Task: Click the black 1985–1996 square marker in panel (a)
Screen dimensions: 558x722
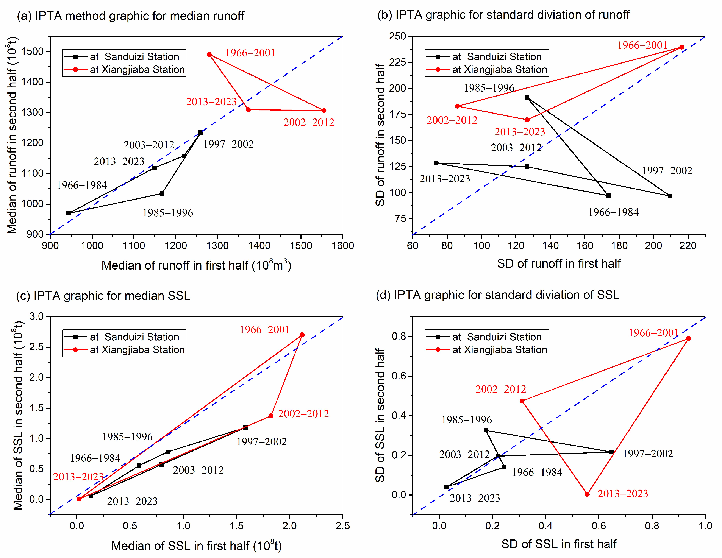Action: [162, 193]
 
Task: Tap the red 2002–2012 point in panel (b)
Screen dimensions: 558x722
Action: [457, 106]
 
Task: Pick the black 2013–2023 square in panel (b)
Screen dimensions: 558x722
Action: [436, 163]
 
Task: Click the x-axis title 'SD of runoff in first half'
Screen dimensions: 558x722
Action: [558, 264]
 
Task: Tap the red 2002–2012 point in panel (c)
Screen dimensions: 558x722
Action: [271, 416]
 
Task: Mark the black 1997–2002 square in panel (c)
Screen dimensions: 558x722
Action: [245, 427]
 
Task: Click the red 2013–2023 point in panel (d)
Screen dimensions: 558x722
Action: [587, 494]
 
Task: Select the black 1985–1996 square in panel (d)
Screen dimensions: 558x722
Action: [486, 430]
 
